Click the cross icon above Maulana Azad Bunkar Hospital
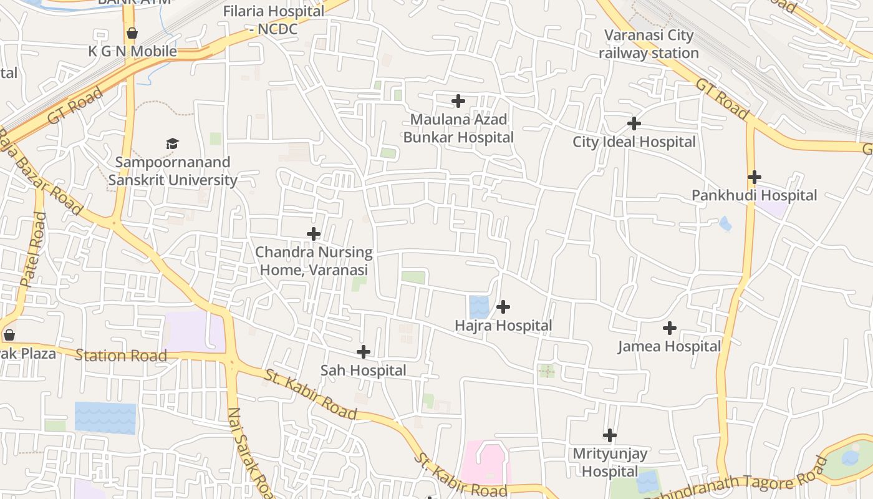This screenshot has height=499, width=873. tap(458, 101)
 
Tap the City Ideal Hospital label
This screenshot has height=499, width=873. tap(634, 142)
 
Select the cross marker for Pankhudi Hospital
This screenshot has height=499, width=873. tap(755, 177)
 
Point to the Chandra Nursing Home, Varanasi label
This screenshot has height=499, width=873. tap(314, 261)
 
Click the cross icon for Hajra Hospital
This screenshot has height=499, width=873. tap(503, 307)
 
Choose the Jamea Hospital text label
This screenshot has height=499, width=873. tap(669, 346)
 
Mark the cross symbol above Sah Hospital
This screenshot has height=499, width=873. tap(364, 352)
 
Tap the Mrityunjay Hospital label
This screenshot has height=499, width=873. tap(610, 462)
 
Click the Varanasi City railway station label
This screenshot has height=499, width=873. tap(649, 44)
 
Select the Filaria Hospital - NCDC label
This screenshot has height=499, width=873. tap(274, 20)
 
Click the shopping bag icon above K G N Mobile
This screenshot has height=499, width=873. tap(132, 33)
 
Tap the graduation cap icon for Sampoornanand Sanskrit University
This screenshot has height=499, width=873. tap(173, 143)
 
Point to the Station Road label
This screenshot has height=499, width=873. tap(121, 356)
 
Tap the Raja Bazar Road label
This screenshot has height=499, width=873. tap(41, 172)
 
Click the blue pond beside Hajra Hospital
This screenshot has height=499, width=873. tap(480, 307)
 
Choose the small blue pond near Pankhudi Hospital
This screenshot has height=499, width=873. tap(725, 223)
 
